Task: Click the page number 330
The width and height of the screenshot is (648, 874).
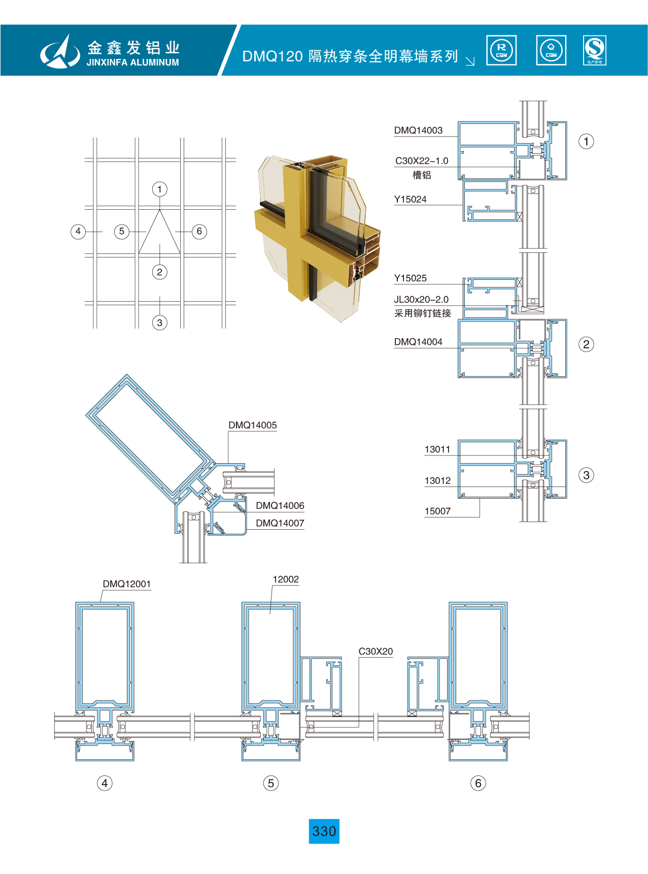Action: coord(324,831)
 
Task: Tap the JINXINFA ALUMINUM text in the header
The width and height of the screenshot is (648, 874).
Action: coord(133,62)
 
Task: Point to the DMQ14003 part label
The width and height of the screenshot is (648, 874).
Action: coord(419,131)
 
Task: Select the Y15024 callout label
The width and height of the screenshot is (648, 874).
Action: coord(411,200)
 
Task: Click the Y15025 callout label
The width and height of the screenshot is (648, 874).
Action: coord(411,278)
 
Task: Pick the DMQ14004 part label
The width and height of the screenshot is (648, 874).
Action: coord(418,342)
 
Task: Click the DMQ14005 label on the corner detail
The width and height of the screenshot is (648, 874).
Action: coord(253,425)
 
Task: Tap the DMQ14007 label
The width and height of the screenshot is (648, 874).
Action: coord(280,523)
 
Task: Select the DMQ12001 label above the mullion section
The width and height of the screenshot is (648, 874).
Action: coord(127,584)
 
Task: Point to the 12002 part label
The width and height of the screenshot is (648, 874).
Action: coord(286,579)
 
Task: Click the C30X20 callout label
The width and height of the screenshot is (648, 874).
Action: coord(376,652)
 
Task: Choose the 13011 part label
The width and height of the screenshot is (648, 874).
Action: coord(437,449)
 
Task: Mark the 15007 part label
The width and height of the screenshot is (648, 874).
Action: coord(437,511)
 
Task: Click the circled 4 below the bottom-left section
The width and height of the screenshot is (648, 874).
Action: coord(105,783)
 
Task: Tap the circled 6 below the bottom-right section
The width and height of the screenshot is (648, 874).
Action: coord(478,783)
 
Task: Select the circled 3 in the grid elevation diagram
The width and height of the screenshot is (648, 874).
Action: coord(159,322)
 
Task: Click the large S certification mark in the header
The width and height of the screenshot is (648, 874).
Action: coord(595,50)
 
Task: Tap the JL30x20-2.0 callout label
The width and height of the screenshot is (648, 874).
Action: coord(421,300)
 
